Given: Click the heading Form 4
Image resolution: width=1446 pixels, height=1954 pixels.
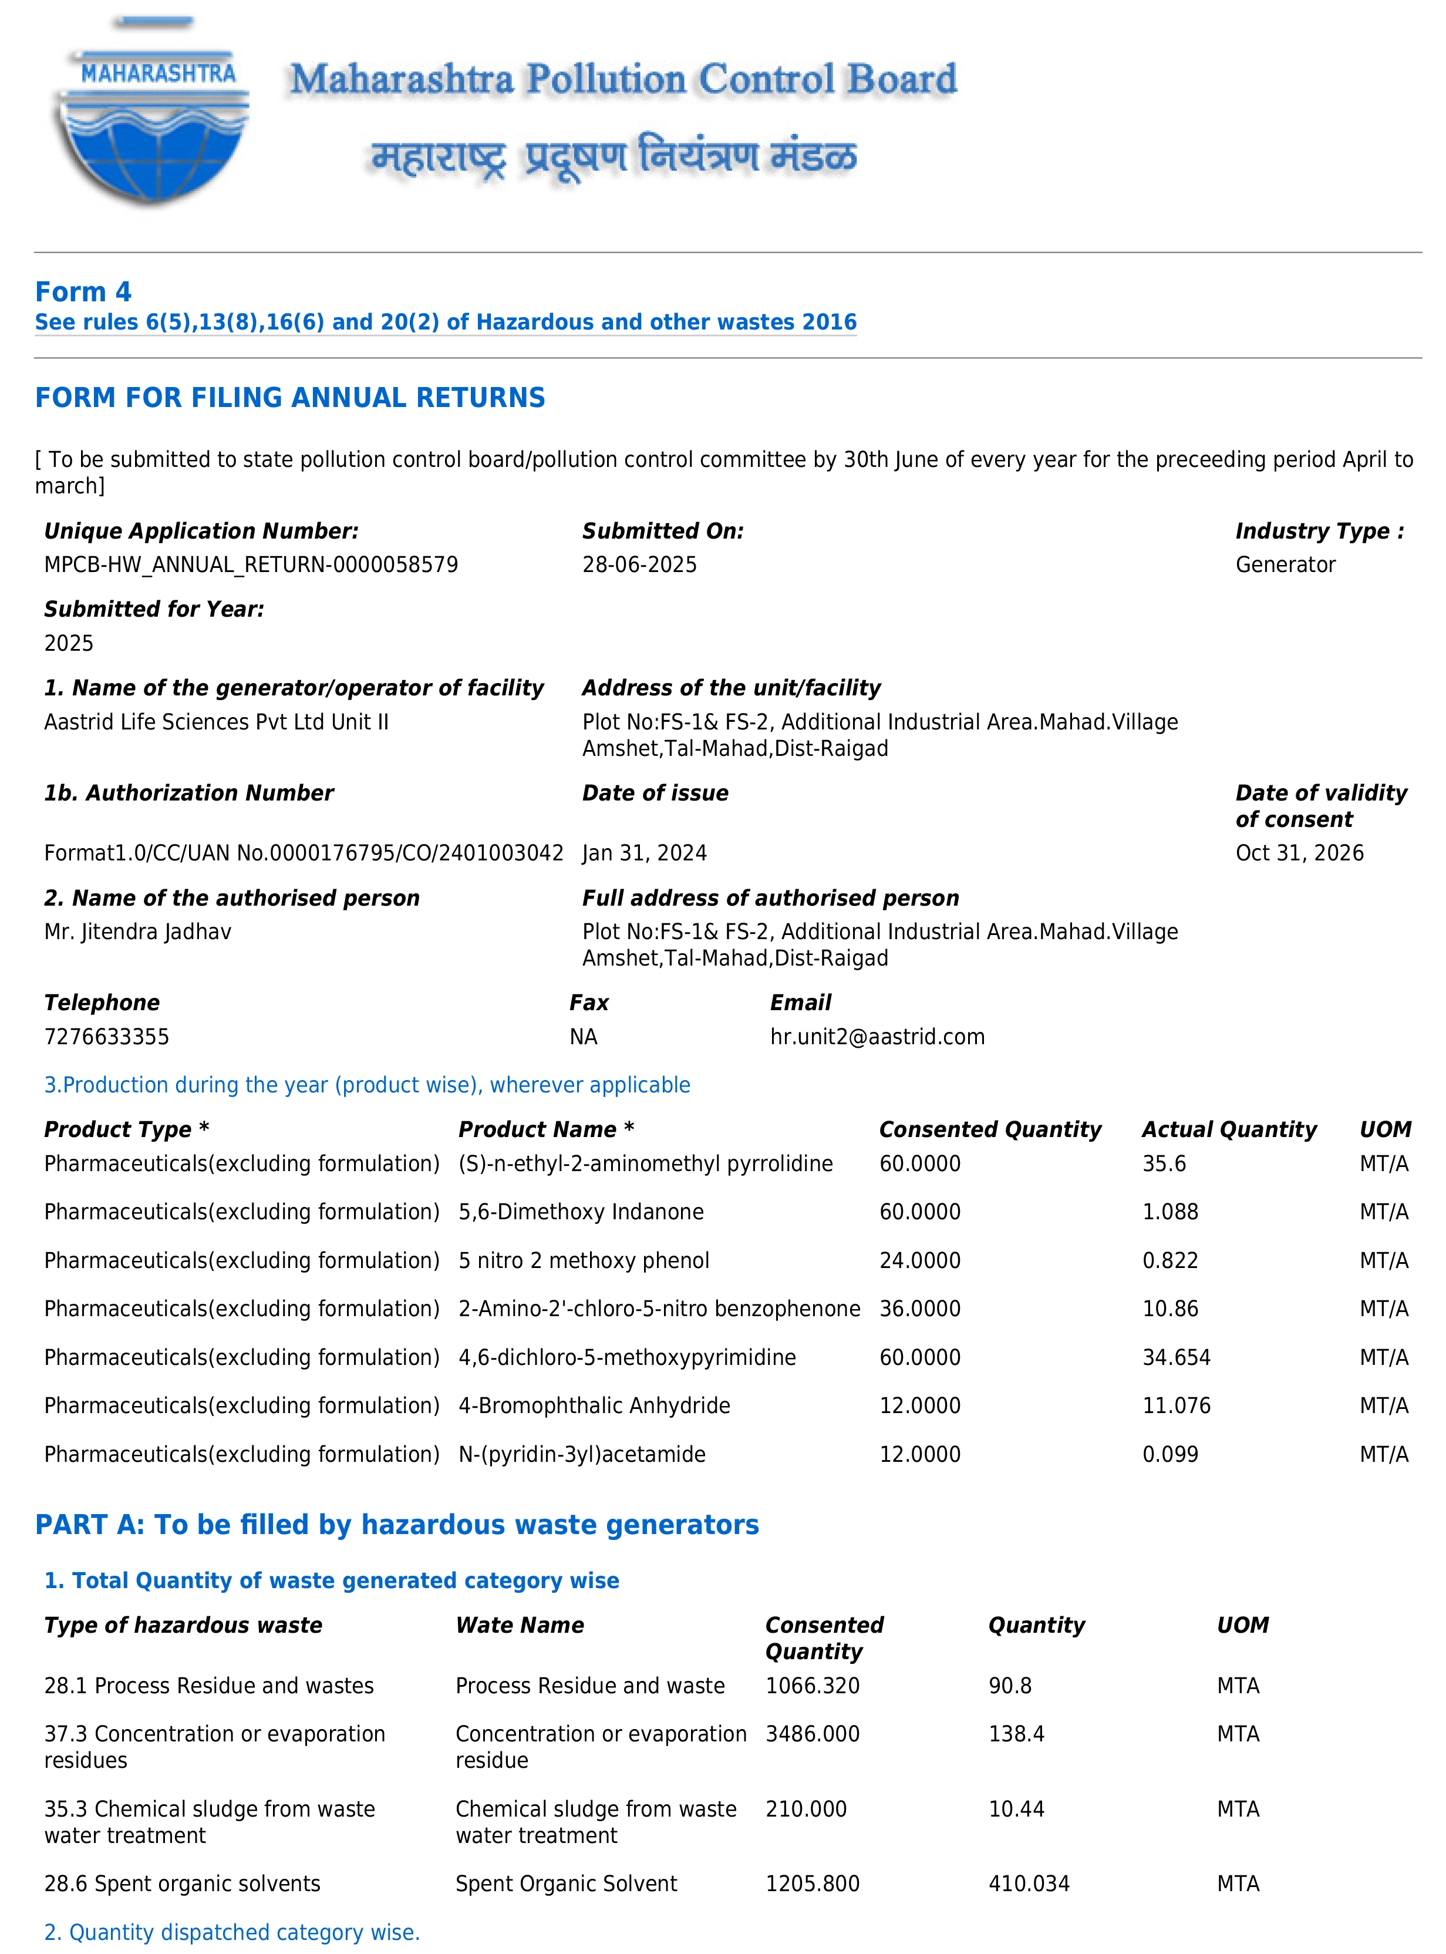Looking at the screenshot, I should [x=83, y=291].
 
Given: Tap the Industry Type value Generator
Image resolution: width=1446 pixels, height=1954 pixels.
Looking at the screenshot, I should [x=1285, y=564].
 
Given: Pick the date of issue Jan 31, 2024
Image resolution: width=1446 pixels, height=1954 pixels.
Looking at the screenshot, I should [x=644, y=853].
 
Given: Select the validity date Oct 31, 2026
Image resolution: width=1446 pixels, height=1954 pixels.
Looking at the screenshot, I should [x=1299, y=853].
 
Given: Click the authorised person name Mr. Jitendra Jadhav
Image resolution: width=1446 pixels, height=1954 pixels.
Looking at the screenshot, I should [x=137, y=931].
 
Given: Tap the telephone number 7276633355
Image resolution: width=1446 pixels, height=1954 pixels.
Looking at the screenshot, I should [x=107, y=1037].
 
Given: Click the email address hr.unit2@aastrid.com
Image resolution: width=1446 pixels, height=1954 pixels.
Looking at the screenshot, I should [x=877, y=1037].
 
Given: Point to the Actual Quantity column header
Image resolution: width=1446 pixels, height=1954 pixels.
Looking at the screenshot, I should [x=1228, y=1129].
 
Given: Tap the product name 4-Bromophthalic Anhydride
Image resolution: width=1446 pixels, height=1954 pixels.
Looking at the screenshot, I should [x=594, y=1405].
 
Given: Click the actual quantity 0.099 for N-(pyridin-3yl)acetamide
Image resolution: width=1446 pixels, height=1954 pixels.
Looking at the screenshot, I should [x=1169, y=1454].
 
